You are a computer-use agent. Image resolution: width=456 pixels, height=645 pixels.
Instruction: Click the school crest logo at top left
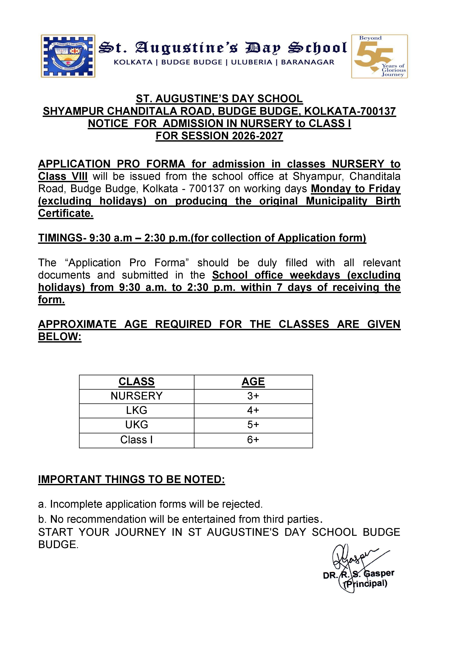point(68,56)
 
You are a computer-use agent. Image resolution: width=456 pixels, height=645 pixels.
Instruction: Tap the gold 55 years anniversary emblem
point(379,56)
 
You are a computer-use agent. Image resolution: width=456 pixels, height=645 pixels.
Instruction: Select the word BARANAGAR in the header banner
point(307,62)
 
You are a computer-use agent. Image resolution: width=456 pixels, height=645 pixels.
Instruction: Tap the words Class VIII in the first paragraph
point(63,177)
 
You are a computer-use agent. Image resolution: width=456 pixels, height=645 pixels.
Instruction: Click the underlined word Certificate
point(66,213)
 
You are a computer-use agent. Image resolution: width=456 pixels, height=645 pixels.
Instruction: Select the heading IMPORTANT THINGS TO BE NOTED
point(131,480)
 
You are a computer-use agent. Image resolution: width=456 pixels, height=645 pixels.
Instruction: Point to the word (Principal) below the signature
point(366,584)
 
